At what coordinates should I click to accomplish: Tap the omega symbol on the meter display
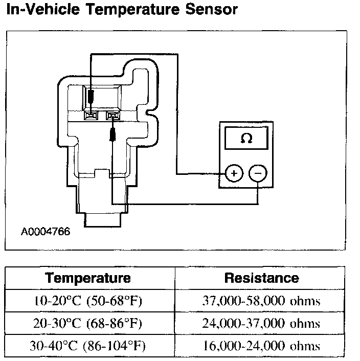(246, 139)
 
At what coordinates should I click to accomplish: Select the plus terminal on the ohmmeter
(234, 173)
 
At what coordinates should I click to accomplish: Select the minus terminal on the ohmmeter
(258, 173)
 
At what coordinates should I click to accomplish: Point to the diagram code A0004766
(46, 231)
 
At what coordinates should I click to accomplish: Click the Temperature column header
(88, 278)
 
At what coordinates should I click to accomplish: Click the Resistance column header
(261, 278)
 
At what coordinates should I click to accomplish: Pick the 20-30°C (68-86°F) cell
(88, 324)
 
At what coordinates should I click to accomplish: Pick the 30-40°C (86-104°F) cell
(88, 346)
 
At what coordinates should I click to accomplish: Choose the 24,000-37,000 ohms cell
(261, 324)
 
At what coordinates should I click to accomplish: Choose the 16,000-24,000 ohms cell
(261, 346)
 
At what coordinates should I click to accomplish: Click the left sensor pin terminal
(92, 116)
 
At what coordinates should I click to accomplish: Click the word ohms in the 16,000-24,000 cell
(306, 346)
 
